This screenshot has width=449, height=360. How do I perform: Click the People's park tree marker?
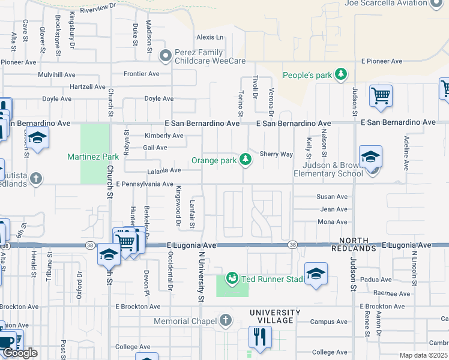[x=341, y=75]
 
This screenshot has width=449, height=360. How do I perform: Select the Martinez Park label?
[x=93, y=157]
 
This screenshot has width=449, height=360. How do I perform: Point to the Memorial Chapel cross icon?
[x=225, y=321]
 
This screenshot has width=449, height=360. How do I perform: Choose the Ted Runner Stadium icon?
[x=232, y=278]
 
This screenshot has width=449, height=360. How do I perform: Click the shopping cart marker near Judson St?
[x=381, y=95]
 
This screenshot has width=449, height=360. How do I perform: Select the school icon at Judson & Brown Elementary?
[x=370, y=157]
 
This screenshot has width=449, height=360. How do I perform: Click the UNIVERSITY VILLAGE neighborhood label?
[x=275, y=317]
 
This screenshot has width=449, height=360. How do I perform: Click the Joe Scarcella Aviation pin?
[x=436, y=3]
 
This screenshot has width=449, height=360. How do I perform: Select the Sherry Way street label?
[x=276, y=154]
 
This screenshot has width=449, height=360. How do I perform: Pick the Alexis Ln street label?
[x=209, y=37]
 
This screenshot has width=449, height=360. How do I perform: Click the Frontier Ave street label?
[x=141, y=74]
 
